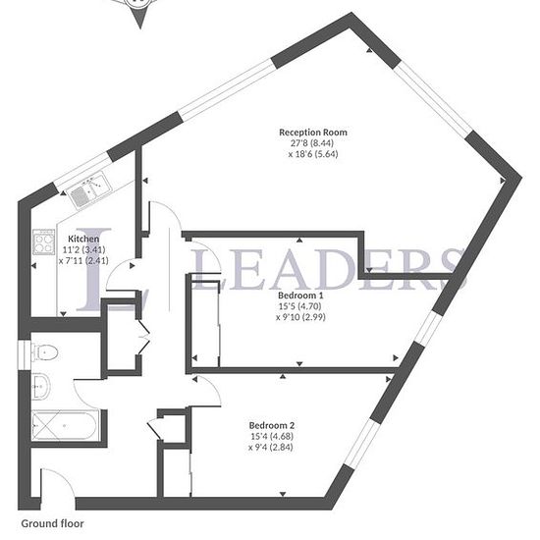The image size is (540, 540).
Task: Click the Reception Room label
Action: [x=313, y=133]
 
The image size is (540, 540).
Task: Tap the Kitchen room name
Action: [x=83, y=239]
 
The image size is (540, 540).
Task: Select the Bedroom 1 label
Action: [x=300, y=296]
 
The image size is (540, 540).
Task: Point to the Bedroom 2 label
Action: [x=272, y=425]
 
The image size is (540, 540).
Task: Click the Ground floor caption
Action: [x=52, y=524]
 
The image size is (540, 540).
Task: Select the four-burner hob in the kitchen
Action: [x=44, y=243]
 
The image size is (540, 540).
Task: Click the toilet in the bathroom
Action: [x=44, y=352]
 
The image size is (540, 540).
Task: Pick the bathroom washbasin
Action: [x=40, y=387]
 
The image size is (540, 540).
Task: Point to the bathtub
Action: [x=66, y=426]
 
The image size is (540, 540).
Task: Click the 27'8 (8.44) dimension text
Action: [x=312, y=143]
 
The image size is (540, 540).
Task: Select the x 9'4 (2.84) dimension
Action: [x=271, y=448]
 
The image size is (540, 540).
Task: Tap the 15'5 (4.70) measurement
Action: [x=299, y=306]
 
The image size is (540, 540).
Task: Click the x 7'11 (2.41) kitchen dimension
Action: [x=83, y=261]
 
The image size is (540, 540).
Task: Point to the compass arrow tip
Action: [x=140, y=28]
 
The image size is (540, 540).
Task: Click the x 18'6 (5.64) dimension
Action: [x=313, y=154]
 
